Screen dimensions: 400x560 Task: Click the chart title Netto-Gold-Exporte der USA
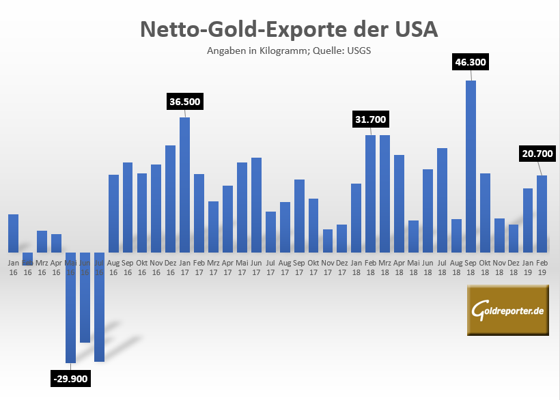pyautogui.click(x=279, y=29)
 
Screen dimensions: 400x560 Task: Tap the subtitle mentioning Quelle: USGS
pyautogui.click(x=279, y=51)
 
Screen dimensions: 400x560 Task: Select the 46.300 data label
pyautogui.click(x=470, y=62)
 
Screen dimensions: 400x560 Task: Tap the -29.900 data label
pyautogui.click(x=70, y=378)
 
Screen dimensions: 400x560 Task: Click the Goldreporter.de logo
pyautogui.click(x=508, y=311)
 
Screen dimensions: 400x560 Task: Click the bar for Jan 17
pyautogui.click(x=184, y=184)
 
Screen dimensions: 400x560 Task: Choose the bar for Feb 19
pyautogui.click(x=542, y=214)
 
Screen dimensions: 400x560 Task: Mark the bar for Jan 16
pyautogui.click(x=13, y=233)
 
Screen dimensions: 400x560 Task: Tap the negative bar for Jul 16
pyautogui.click(x=99, y=306)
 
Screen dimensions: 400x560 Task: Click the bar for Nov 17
pyautogui.click(x=328, y=240)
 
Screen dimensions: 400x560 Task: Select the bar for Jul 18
pyautogui.click(x=442, y=200)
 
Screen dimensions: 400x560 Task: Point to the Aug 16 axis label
pyautogui.click(x=113, y=267)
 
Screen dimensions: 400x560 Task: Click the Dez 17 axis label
pyautogui.click(x=341, y=267)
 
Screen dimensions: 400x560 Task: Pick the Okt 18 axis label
pyautogui.click(x=485, y=267)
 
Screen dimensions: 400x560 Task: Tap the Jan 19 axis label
pyautogui.click(x=528, y=267)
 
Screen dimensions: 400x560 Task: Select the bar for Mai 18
pyautogui.click(x=413, y=236)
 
